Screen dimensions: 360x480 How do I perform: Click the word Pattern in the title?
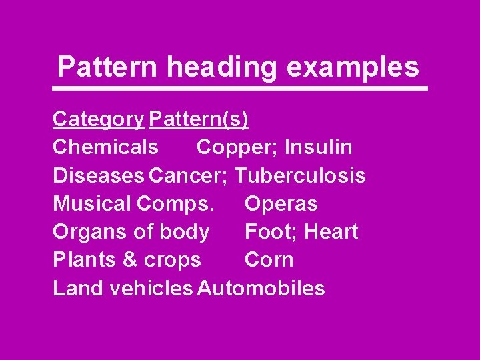pos(107,67)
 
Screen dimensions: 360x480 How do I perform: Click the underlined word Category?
pos(98,119)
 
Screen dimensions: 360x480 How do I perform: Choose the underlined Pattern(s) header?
pos(199,119)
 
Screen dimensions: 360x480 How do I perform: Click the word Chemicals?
pos(105,147)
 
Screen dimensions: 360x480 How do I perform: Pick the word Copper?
pos(236,147)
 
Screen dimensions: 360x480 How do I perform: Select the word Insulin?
pos(319,147)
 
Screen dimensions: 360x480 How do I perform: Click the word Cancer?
pos(189,175)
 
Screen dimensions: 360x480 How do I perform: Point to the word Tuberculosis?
pos(301,175)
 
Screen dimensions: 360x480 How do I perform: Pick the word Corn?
pos(269,260)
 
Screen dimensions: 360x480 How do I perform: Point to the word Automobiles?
pos(261,289)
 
